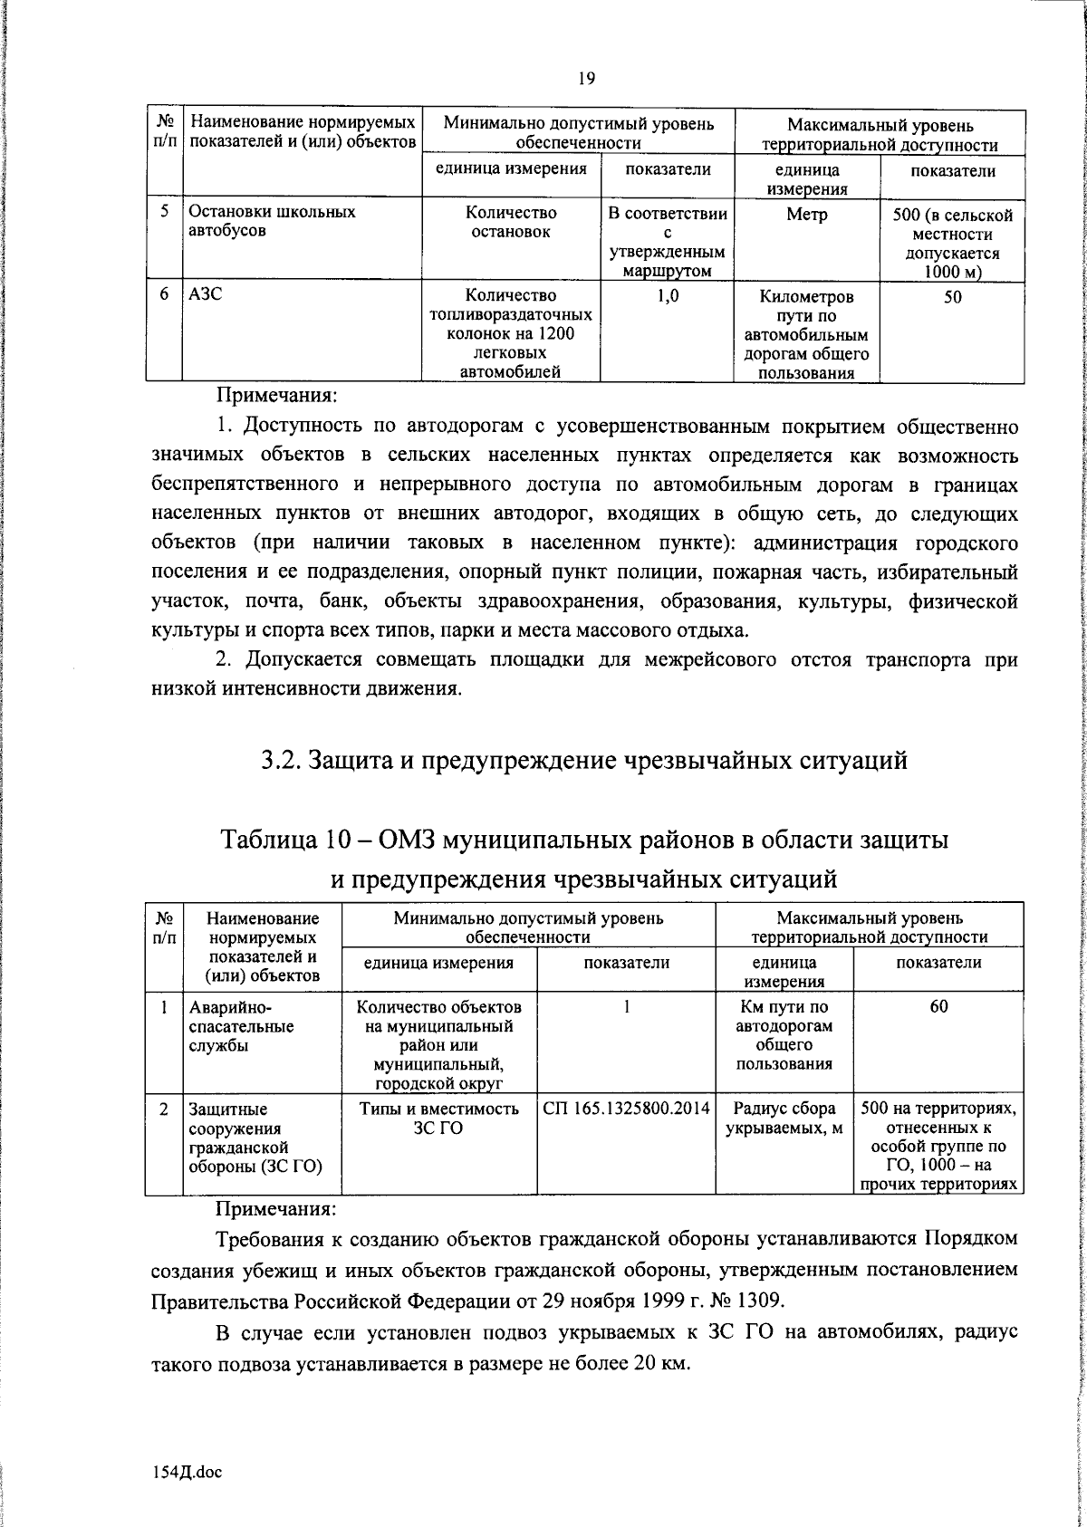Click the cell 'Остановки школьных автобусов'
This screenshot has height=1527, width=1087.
(272, 222)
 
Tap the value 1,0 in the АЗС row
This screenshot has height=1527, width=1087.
(668, 296)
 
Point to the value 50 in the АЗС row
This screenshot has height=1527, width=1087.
(952, 297)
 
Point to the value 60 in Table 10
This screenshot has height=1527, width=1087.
(938, 1007)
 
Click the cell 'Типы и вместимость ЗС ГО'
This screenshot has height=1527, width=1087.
(438, 1118)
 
